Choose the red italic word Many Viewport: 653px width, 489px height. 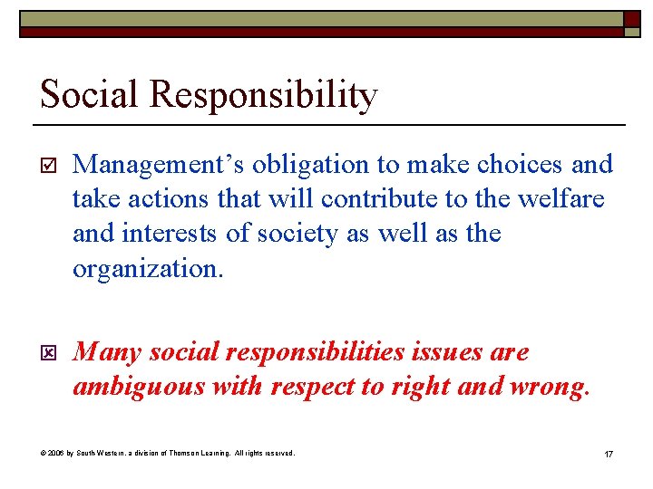click(106, 352)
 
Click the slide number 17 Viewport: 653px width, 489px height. click(608, 453)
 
